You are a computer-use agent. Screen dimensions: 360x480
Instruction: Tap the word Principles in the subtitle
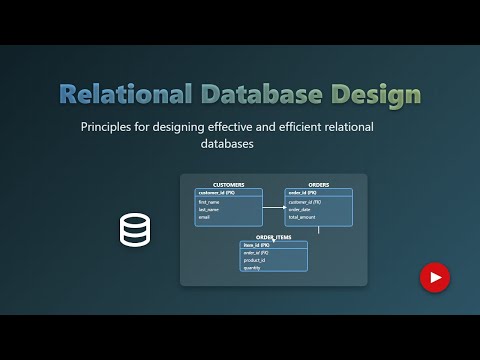click(x=111, y=127)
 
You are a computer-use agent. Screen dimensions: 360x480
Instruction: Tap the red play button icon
click(x=434, y=276)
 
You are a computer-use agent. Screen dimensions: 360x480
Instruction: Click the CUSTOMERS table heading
click(x=228, y=185)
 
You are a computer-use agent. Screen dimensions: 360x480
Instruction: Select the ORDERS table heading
click(x=318, y=185)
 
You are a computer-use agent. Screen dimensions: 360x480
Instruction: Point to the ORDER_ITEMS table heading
click(x=273, y=237)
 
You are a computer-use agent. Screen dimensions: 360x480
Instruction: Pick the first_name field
click(x=209, y=202)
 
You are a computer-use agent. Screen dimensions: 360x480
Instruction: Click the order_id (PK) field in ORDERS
click(x=304, y=192)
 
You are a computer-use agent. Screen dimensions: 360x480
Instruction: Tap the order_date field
click(x=301, y=209)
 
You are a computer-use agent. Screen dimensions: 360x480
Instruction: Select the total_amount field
click(x=302, y=216)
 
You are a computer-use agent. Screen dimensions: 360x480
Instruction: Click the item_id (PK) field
click(x=257, y=245)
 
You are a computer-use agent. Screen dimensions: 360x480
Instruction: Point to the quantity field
click(x=252, y=267)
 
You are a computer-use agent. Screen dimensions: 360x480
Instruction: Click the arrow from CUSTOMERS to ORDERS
click(x=273, y=208)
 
